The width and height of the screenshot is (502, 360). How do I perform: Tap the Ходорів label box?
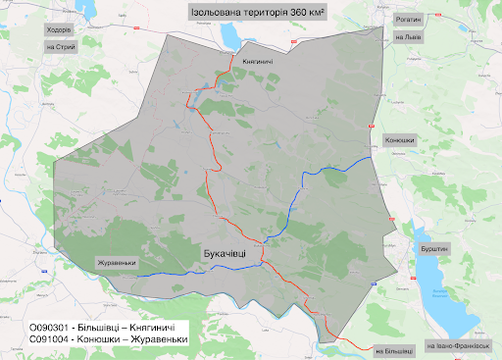click(60, 29)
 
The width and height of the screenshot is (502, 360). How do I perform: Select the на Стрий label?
click(60, 46)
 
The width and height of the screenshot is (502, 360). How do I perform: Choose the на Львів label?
click(407, 38)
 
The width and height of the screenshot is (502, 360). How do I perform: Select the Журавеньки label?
click(117, 263)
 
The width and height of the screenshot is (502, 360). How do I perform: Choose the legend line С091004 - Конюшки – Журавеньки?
click(108, 340)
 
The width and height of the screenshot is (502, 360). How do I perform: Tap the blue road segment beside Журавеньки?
click(157, 275)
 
